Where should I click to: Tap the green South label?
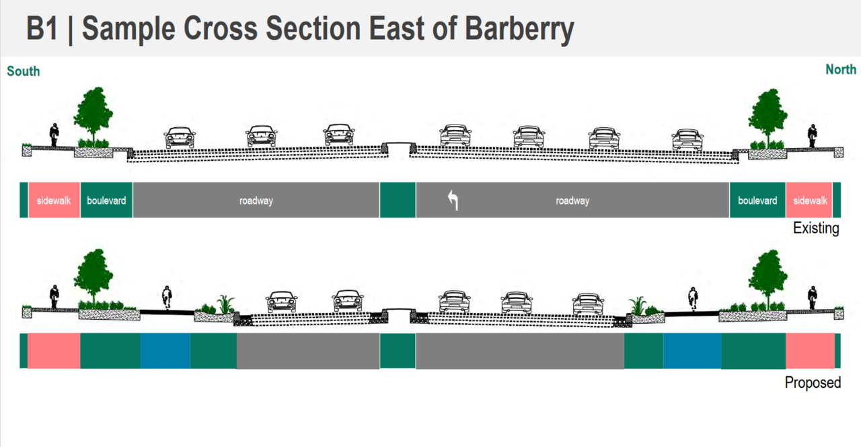[24, 71]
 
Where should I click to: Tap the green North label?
[840, 69]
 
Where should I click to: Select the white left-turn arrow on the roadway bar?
[453, 200]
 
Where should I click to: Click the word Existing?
[815, 228]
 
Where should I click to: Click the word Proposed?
[813, 382]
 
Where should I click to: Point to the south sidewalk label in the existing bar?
[54, 201]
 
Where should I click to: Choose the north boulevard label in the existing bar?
[757, 201]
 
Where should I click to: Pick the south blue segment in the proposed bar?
[165, 351]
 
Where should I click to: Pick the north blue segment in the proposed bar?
[692, 351]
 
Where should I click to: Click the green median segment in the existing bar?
[398, 200]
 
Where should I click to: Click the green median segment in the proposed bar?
[398, 351]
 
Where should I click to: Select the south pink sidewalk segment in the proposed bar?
[54, 351]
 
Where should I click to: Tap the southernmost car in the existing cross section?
[180, 137]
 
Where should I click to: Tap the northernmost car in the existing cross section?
[687, 139]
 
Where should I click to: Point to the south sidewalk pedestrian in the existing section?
[54, 135]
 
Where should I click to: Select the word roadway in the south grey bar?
[256, 201]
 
